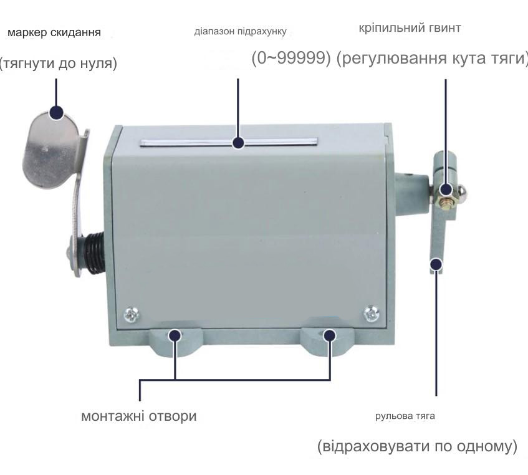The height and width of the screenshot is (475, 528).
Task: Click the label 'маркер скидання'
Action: pos(54,32)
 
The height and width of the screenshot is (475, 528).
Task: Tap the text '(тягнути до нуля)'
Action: pos(58,63)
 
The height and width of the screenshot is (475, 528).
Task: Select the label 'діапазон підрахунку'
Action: pos(241,31)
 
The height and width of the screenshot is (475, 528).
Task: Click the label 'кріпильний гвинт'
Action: pos(410,27)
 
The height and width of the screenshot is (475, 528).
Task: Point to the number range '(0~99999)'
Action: pos(291,58)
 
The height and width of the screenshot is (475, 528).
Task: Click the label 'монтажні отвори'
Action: pos(139,416)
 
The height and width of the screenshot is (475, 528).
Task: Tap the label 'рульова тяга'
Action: pos(405,416)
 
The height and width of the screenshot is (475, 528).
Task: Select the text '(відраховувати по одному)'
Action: pos(417,446)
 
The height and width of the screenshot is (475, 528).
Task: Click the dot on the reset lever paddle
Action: pos(57,112)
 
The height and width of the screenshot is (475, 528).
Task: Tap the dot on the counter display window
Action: pos(238,142)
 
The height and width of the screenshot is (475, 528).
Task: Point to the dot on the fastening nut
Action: pos(446,190)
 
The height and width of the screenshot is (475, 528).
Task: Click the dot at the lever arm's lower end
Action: pos(436,264)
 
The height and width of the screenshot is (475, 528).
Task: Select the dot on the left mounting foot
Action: pos(175,335)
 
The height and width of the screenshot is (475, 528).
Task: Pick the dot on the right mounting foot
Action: pos(330,335)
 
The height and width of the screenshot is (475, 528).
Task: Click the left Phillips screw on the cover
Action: pos(132,315)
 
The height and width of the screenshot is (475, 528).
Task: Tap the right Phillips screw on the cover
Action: pos(372,314)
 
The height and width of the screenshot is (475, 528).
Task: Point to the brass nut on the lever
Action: pos(446,201)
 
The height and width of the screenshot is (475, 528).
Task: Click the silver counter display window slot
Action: pos(229,142)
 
